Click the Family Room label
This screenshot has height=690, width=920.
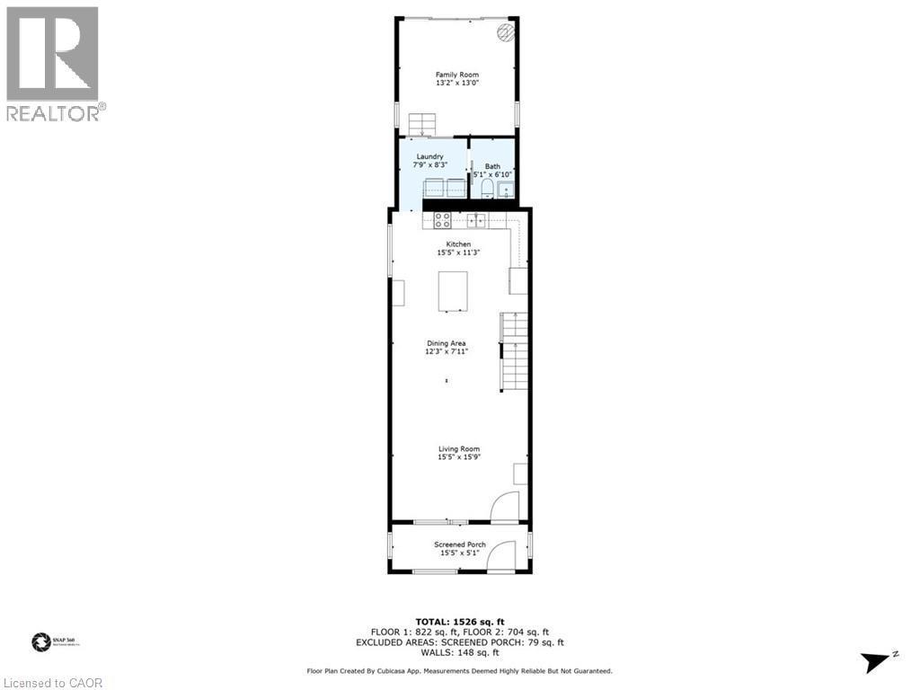[456, 75]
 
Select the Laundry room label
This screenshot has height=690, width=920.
[429, 156]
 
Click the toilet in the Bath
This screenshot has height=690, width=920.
[486, 187]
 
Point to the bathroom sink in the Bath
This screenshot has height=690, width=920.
[506, 189]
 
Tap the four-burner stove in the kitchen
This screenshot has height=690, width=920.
[442, 220]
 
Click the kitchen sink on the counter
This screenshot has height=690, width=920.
[476, 220]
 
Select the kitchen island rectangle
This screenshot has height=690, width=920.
[454, 291]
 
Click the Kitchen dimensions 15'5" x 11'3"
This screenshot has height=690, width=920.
[458, 252]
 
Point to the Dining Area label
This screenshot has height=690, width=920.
[447, 343]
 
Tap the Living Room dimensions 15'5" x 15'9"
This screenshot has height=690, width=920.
[458, 457]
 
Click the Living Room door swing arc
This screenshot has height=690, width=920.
[505, 506]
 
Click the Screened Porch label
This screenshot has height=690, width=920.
[460, 544]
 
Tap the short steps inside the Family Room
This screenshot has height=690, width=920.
[420, 124]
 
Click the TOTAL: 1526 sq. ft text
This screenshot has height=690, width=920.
[459, 622]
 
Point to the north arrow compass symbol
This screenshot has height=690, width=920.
[878, 662]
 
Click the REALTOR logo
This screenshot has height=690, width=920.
[53, 63]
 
